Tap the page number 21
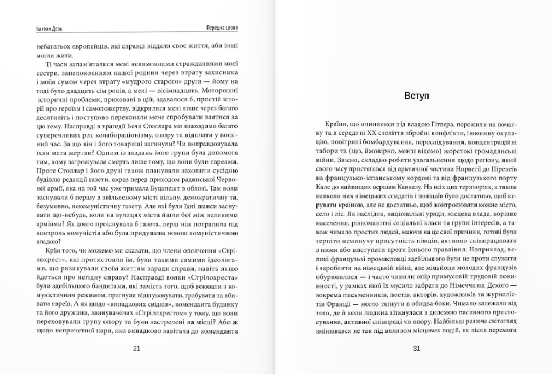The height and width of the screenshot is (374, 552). pos(136,348)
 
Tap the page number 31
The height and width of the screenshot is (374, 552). pos(416,348)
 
